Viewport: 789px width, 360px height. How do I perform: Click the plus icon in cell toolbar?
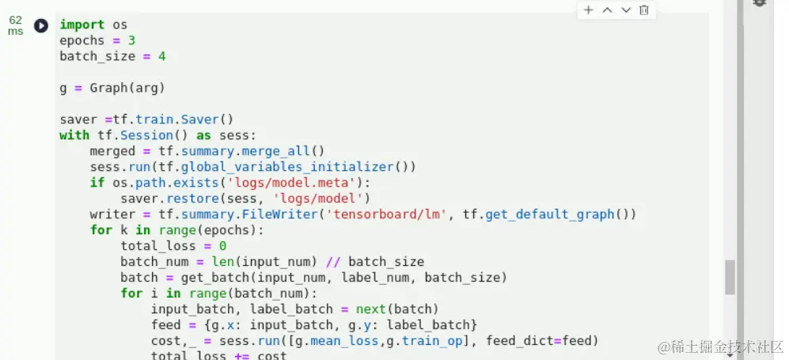pos(588,10)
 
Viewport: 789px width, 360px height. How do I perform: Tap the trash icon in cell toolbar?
pos(644,10)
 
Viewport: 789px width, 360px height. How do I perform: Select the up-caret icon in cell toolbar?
pos(607,10)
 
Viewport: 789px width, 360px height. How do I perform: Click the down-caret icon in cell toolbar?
pos(626,10)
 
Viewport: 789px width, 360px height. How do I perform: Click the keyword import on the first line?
pos(82,25)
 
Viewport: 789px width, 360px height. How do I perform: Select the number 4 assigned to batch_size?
pos(161,56)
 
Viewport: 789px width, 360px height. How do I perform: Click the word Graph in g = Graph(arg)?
pos(108,88)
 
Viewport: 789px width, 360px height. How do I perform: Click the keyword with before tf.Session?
pos(74,135)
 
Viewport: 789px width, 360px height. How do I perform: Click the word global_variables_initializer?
pos(287,167)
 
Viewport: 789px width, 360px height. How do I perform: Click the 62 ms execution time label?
pos(16,25)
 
